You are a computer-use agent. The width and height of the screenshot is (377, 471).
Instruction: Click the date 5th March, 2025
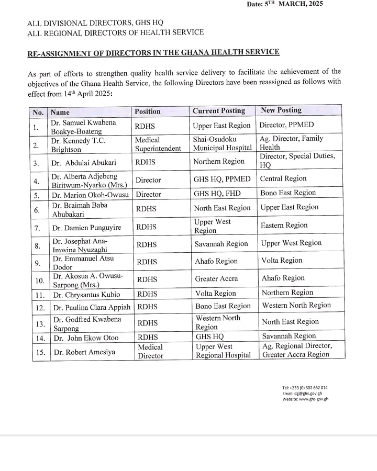point(285,4)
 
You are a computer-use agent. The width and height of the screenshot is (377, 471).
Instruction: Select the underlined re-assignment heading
point(153,52)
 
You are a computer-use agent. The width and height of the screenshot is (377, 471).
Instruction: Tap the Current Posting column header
point(219,111)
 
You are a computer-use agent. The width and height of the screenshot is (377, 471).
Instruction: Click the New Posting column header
point(281,110)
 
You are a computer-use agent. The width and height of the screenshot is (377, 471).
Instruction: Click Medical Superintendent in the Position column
point(158,144)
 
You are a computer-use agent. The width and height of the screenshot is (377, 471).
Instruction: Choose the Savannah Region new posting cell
point(289,336)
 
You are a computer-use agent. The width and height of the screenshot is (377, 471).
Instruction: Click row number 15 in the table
point(40,352)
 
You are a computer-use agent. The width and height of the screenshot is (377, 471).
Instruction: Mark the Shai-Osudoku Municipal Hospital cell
point(222,143)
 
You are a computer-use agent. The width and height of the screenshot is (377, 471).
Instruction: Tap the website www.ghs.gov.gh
point(305,399)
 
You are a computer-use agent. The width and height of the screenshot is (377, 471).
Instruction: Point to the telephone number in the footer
point(305,388)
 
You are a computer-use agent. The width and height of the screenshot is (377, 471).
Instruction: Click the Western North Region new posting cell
point(296,305)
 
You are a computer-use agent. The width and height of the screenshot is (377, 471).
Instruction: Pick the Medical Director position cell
point(150,351)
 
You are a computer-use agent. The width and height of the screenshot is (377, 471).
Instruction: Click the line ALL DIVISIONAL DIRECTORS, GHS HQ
point(95,23)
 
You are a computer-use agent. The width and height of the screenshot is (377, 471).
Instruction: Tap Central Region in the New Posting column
point(283,178)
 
